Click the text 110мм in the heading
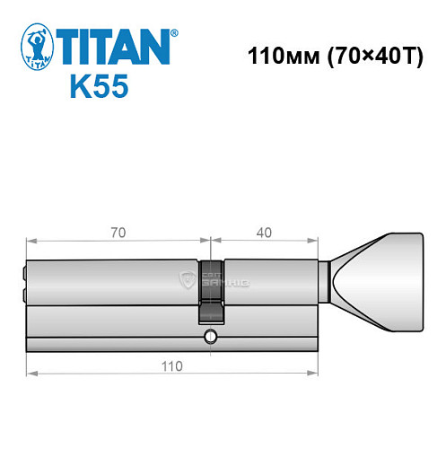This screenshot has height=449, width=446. coord(277,53)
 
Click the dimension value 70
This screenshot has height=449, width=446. coord(118,233)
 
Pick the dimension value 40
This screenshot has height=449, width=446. coord(264,233)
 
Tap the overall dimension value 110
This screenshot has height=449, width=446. coord(171,365)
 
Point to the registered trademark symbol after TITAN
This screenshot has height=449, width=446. coord(174,33)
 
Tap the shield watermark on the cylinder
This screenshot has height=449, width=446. coord(187,280)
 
